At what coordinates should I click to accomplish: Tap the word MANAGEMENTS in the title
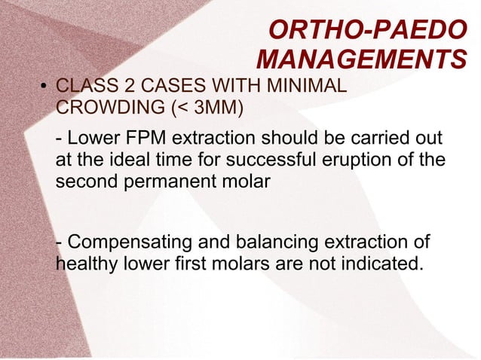(x=361, y=59)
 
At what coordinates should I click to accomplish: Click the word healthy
(x=84, y=264)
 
